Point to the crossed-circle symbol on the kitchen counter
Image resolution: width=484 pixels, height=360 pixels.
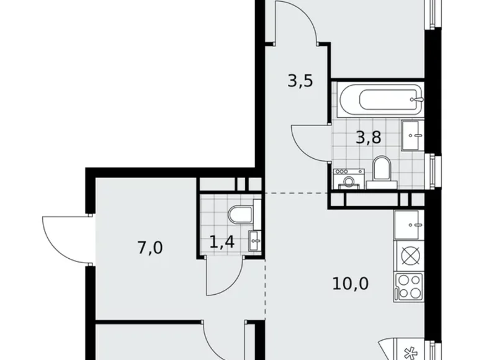click(x=410, y=255)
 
